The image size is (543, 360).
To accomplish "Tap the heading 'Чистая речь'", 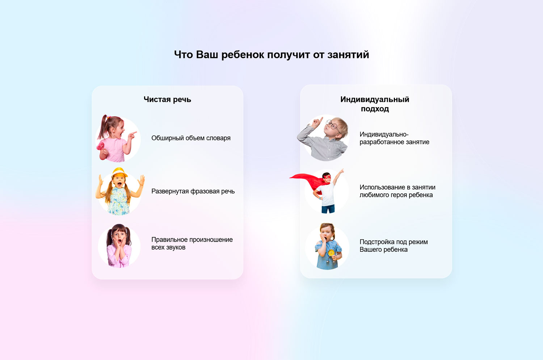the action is [x=167, y=100].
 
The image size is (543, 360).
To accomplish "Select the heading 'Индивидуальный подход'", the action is [x=375, y=104].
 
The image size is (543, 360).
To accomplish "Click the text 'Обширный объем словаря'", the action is [x=191, y=138].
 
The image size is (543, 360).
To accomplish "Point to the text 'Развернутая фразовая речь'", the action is [x=193, y=191].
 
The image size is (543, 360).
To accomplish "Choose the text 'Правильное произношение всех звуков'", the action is [x=192, y=243].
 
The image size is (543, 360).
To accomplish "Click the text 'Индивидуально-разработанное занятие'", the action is [x=395, y=138].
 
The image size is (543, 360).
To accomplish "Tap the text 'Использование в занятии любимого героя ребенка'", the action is [x=397, y=191].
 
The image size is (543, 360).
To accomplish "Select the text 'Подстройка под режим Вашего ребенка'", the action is [x=394, y=246].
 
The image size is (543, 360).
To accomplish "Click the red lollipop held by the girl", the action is [x=100, y=146].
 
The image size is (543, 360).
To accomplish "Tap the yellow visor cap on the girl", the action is [x=119, y=172].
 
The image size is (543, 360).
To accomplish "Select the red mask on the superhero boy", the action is [x=327, y=177].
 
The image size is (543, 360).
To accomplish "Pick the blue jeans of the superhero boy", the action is [x=328, y=209].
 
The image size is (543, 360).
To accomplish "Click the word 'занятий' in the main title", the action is [x=348, y=55].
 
